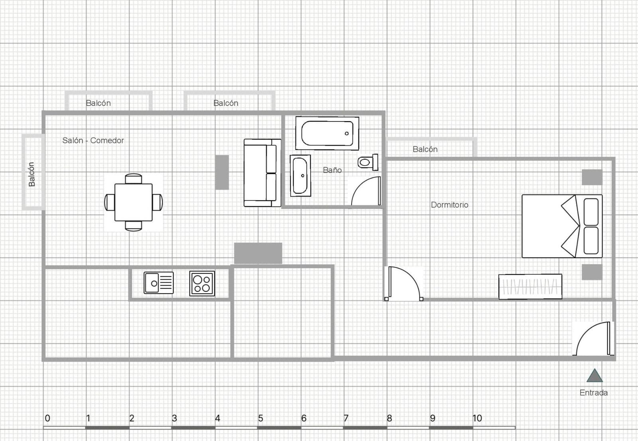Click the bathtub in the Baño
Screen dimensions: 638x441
pos(327,133)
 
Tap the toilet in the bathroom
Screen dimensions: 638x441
pos(368,163)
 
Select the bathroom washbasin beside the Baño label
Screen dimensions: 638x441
pos(300,176)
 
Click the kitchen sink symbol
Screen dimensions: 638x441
pos(159,283)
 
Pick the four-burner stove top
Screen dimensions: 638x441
pos(202,283)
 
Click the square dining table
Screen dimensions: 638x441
pos(134,202)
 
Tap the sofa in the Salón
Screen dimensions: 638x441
pos(262,173)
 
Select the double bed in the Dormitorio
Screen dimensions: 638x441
pos(562,226)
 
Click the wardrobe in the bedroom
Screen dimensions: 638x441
pos(530,286)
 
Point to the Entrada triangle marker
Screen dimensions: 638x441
pos(595,376)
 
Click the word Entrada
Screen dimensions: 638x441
pos(594,393)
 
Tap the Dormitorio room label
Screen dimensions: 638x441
pos(449,205)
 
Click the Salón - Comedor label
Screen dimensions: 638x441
pos(93,140)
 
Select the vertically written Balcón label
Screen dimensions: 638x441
pos(32,174)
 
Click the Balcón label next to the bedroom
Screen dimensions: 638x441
pos(425,149)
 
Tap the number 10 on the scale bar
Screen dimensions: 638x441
pos(477,418)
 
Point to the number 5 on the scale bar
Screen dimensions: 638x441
pos(260,418)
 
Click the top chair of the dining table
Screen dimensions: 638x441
pos(133,179)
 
